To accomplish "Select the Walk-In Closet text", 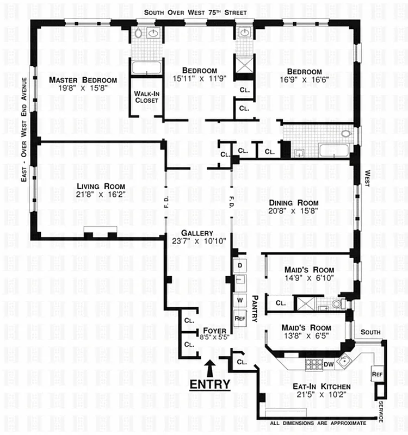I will [146, 96].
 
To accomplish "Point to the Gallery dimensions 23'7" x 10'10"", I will [199, 241].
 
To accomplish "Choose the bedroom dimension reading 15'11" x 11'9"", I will [199, 78].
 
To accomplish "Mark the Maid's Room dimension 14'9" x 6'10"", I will [309, 278].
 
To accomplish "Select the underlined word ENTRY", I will [210, 384].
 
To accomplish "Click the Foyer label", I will [211, 330].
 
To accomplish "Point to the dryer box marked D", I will [239, 266].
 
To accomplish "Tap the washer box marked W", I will [239, 300].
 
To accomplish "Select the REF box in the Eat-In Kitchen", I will [376, 375].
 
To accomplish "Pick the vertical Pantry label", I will [254, 309].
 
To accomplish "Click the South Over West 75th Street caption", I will [195, 12].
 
